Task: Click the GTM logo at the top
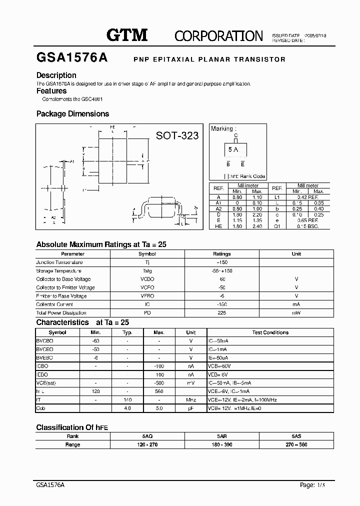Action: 127,35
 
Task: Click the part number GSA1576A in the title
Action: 72,58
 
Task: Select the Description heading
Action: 56,75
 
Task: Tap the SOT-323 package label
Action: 177,135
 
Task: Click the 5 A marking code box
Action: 233,149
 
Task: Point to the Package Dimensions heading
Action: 72,114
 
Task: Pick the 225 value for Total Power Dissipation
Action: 222,313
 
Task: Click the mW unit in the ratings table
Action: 296,313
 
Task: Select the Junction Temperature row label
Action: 59,262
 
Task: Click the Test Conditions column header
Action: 270,332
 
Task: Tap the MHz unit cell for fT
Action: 190,400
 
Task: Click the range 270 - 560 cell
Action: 296,444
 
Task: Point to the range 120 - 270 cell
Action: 147,444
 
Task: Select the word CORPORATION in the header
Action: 218,36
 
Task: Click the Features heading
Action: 51,91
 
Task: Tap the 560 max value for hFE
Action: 159,391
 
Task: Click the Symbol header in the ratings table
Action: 147,253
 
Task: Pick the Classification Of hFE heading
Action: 72,427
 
